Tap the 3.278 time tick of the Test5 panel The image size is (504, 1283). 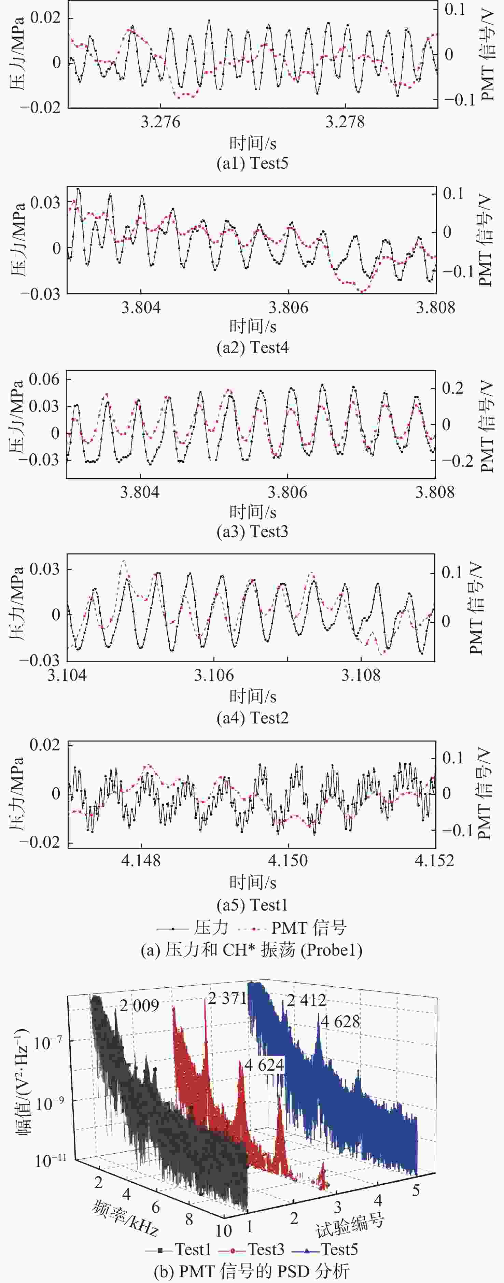point(345,122)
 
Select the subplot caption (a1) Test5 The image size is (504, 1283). point(252,164)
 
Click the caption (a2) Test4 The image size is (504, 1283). point(252,348)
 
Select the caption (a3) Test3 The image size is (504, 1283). point(252,532)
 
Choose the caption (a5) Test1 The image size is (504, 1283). point(252,904)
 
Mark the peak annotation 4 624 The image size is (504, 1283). point(264,1065)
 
